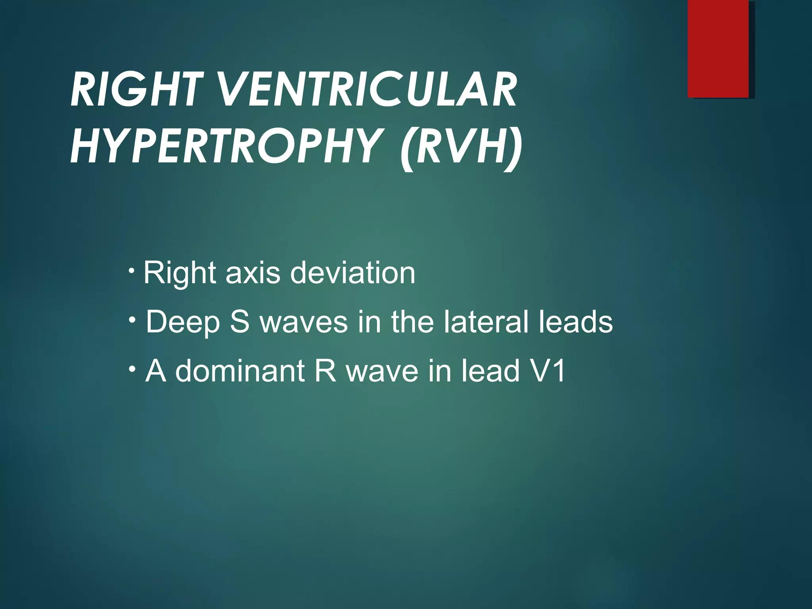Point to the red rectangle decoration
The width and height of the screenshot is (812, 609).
tap(718, 49)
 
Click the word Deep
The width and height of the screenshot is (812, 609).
tap(182, 322)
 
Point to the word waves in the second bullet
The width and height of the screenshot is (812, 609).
tap(304, 322)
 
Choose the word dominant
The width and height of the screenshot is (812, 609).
tap(240, 371)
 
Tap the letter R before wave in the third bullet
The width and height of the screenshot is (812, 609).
tap(325, 371)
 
